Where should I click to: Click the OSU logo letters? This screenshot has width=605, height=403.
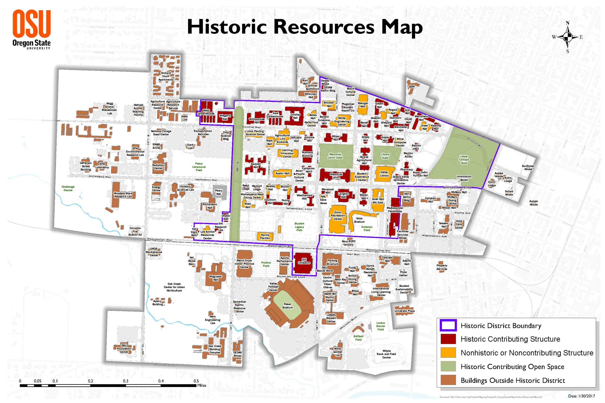tap(32, 24)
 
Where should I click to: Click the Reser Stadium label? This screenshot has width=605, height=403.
tap(287, 306)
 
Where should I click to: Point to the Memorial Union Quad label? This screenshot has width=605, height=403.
tap(335, 156)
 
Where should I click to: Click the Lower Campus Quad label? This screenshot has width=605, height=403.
tap(464, 160)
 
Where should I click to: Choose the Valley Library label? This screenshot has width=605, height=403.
tap(384, 174)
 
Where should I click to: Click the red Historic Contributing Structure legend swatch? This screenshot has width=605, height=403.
tap(448, 339)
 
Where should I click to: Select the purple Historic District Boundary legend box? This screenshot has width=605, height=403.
tap(448, 326)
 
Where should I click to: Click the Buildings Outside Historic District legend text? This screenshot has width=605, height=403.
tap(513, 380)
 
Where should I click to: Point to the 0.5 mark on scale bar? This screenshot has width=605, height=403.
tap(196, 381)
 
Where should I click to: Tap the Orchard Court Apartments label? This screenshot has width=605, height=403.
tap(166, 76)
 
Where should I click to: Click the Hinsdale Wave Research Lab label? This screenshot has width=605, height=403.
tap(123, 195)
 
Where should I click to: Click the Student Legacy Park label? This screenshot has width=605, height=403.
tap(299, 227)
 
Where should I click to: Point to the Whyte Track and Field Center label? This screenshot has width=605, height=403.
tap(386, 354)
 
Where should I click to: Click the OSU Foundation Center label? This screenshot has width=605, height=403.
tap(124, 349)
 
